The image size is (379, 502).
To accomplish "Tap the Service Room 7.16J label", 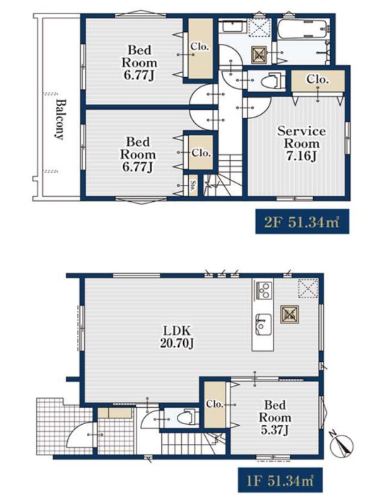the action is [301, 144].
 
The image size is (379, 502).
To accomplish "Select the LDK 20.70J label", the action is [177, 337].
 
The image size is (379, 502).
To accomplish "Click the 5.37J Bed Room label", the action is [275, 418].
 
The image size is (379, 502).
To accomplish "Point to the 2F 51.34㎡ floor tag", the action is [302, 222].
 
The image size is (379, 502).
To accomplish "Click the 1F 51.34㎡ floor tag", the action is [277, 480].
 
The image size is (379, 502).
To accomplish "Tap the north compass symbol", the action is [342, 445].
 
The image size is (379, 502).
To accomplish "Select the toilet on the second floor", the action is [272, 81].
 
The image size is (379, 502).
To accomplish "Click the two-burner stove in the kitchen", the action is [263, 290].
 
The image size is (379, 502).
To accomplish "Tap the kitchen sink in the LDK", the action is [263, 324].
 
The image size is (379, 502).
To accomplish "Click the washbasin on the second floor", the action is [233, 26].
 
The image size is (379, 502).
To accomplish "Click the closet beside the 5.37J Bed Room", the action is [215, 405].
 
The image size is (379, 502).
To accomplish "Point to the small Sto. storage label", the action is [193, 186].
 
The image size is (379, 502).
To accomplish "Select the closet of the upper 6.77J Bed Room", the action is [200, 49].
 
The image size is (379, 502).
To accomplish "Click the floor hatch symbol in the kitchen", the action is [290, 314].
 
